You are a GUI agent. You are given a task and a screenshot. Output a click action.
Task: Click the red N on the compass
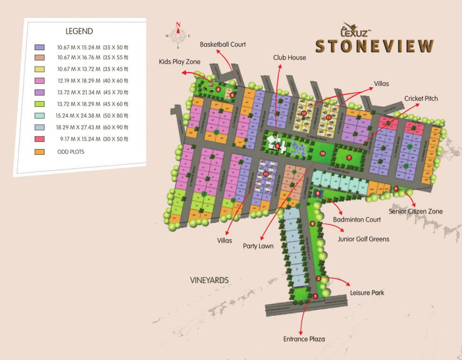coord(178,25)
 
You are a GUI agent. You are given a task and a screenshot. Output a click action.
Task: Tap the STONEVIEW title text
coord(374,46)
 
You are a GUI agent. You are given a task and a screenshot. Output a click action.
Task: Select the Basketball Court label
coord(223,45)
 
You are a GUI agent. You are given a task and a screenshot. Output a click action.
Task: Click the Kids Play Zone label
coord(179,62)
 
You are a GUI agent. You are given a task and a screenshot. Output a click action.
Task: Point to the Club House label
coord(290,58)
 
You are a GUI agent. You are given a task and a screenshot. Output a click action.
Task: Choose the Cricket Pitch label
coord(421,98)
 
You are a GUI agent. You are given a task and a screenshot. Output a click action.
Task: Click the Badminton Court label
coord(357,219)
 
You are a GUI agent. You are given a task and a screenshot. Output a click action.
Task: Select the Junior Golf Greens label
coord(364,239)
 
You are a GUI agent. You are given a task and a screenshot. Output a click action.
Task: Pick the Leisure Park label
coord(367,293)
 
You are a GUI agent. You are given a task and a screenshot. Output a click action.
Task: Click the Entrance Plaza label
coord(304,339)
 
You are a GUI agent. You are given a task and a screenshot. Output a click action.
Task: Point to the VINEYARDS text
coord(209,280)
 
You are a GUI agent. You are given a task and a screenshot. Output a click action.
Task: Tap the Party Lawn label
coord(258,246)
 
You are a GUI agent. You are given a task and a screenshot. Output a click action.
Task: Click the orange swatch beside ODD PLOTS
coord(40,152)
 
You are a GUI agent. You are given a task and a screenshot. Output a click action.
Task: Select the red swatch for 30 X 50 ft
coord(40,139)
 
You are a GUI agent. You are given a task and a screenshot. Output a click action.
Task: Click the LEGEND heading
coord(79,31)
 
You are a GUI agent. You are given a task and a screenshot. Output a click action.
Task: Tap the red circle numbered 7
coord(349,157)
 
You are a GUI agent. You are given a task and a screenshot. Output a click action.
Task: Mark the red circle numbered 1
coord(315,296)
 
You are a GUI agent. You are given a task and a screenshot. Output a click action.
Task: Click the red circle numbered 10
coord(322,153)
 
